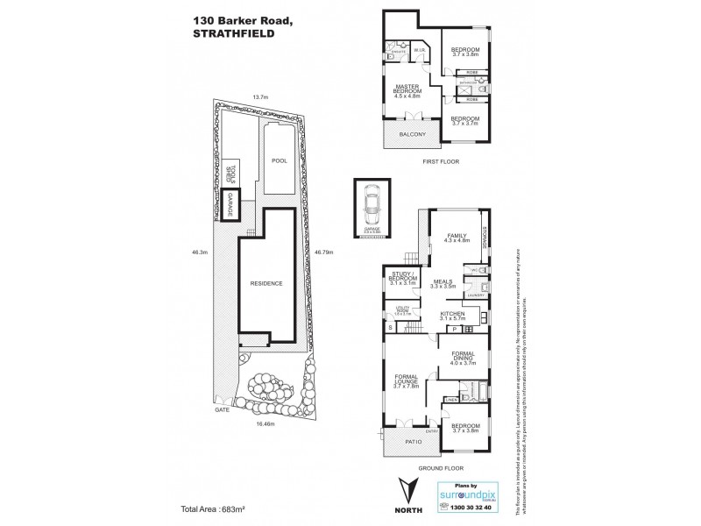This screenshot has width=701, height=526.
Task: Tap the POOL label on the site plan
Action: point(279,161)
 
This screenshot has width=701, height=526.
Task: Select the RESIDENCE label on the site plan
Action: point(266,283)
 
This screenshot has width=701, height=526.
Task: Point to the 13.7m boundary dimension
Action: point(259,97)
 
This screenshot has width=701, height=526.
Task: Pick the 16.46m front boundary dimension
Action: point(266,423)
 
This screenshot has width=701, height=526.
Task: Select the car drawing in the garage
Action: point(372,207)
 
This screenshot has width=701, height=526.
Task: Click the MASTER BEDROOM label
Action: point(408,89)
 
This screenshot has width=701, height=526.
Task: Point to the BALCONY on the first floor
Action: point(412,134)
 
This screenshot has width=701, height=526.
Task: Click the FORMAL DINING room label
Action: point(462,357)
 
